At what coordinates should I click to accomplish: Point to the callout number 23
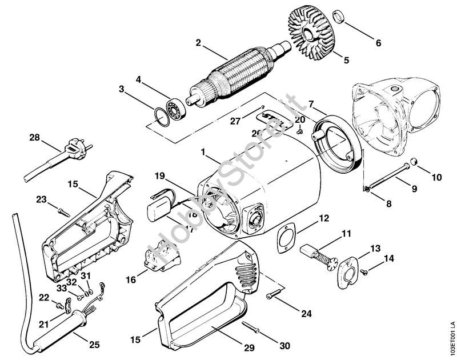41,199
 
